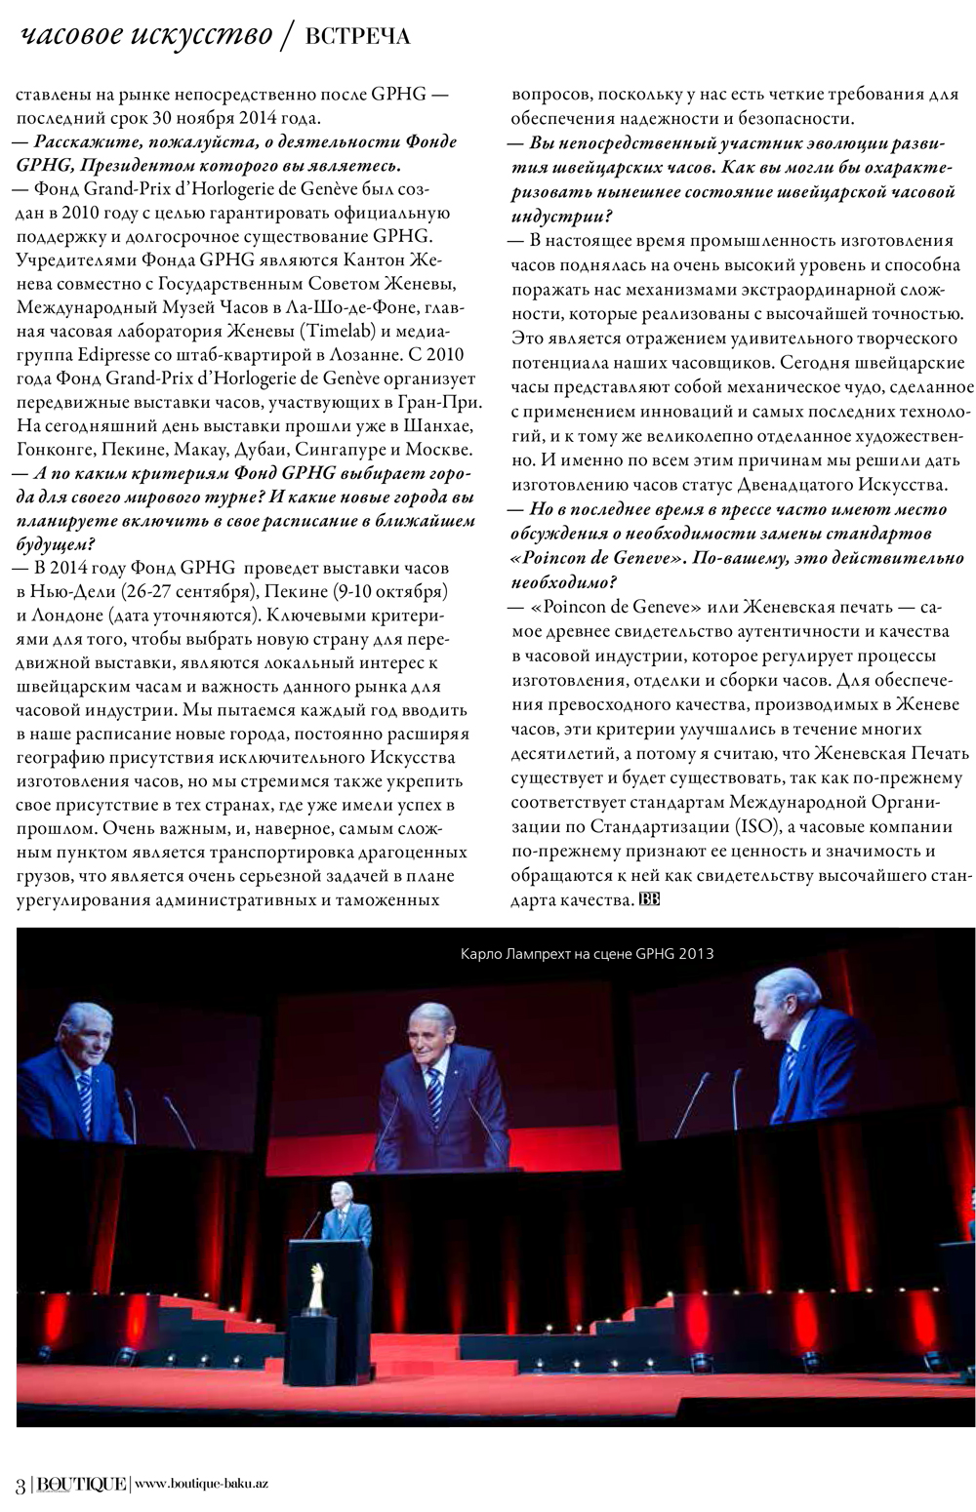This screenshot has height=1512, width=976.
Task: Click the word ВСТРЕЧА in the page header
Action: coord(357,37)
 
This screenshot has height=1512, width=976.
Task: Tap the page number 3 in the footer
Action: coord(20,1484)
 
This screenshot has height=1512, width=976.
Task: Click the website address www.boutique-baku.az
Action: coord(201,1484)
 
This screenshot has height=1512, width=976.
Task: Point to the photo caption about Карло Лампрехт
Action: coord(587,953)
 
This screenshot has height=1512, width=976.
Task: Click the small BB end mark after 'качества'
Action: coord(649,899)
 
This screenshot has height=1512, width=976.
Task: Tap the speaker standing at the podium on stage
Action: coord(344,1215)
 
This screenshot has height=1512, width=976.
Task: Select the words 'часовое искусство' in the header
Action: coord(146,36)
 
